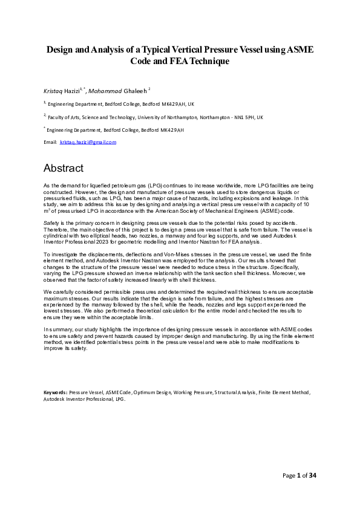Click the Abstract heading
[63, 167]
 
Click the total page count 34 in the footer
[313, 476]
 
